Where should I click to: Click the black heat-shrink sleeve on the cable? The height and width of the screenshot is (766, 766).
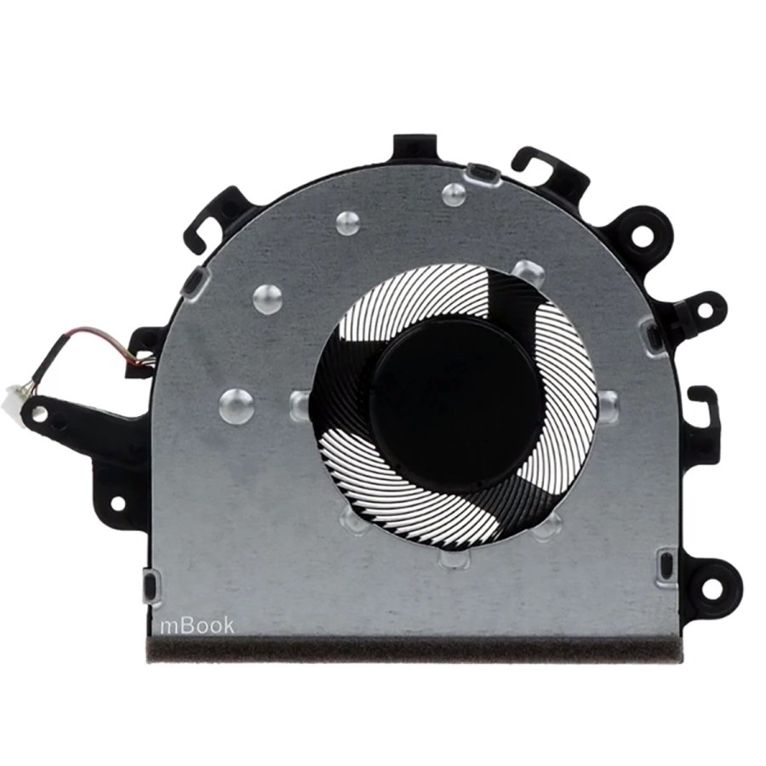click(x=53, y=357)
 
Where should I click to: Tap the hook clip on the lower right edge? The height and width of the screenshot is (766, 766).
click(x=706, y=409)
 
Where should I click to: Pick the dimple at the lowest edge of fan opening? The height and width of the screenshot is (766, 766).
click(x=451, y=562)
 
